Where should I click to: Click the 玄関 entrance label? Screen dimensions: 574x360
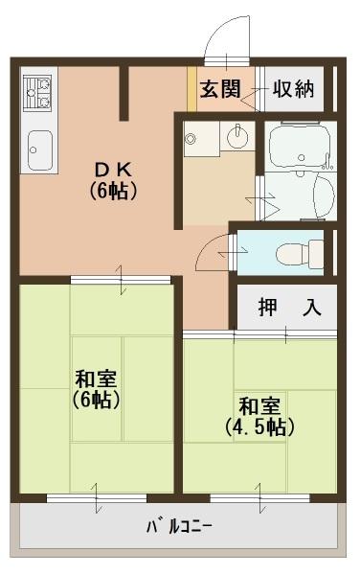218,90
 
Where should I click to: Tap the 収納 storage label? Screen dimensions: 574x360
293,90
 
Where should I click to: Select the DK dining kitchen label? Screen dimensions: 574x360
116,179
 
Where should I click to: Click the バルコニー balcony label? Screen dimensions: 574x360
179,526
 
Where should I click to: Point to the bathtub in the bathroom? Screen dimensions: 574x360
300,148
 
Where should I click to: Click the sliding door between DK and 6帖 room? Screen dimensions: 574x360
121,279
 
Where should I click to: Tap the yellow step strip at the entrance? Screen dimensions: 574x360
191,90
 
